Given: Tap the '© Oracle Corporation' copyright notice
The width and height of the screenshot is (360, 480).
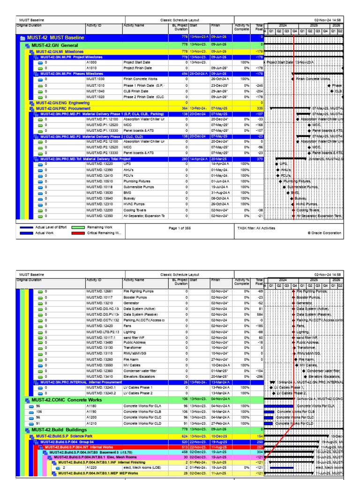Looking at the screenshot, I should coord(325,233).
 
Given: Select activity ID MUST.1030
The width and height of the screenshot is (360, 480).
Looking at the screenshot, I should coord(95,79).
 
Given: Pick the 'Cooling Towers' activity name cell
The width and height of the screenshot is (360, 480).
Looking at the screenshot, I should coord(135,210).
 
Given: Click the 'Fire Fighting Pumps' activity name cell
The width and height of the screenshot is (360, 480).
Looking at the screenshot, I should coord(139,291).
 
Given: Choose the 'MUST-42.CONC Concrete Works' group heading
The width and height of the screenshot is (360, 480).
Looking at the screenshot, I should coord(61,399).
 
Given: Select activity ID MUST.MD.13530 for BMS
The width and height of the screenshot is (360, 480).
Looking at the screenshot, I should coord(99,193).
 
